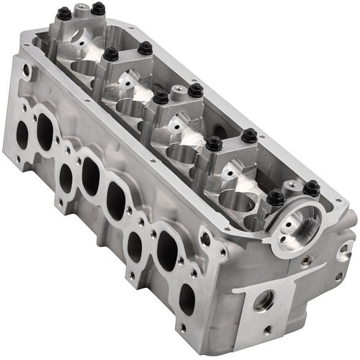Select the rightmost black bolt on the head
[311, 189]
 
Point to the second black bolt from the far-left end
[97, 9]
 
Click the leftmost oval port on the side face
[22, 135]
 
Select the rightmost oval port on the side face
[186, 298]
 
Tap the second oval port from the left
[45, 132]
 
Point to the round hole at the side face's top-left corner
[27, 71]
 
